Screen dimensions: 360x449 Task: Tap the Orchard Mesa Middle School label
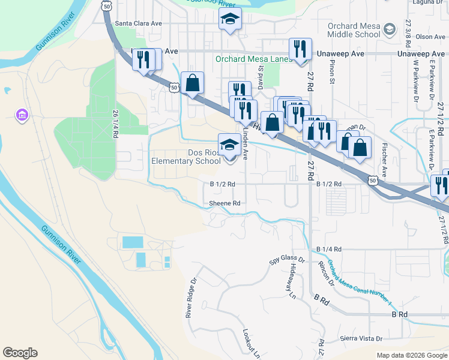tap(354, 30)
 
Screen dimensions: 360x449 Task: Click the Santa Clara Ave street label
tap(139, 23)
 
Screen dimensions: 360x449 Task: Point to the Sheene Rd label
tap(224, 203)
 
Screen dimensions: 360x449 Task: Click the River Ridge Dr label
tap(191, 298)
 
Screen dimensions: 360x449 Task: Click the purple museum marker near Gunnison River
tap(22, 115)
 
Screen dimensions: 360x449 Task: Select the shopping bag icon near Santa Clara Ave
tap(193, 83)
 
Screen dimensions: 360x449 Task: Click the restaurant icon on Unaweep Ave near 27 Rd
tap(300, 49)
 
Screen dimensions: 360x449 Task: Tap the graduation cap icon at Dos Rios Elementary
tap(229, 145)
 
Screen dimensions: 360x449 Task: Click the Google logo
tap(20, 353)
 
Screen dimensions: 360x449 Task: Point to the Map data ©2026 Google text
tap(412, 355)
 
